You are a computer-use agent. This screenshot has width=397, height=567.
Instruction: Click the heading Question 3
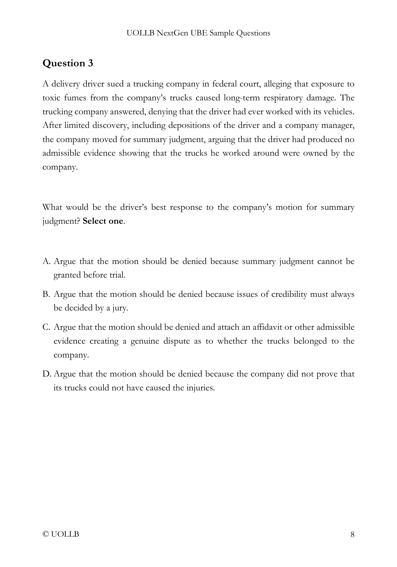coord(68,63)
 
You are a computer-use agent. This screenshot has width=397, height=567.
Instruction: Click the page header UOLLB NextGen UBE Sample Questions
coord(198,33)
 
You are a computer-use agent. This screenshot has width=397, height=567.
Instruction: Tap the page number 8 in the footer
coord(352,534)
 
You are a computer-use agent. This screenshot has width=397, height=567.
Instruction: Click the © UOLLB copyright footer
coord(61,534)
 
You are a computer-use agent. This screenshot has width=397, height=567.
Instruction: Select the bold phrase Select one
coord(103,221)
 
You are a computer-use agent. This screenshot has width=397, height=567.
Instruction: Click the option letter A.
coord(46,261)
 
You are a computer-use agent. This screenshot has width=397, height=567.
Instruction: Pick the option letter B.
coord(46,294)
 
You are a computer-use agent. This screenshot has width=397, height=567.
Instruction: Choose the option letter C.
coord(46,327)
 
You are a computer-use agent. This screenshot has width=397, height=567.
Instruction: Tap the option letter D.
coord(46,374)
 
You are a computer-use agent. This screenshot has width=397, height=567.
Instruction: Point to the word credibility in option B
coord(289,294)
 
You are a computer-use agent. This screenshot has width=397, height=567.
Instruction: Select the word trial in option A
coord(117,275)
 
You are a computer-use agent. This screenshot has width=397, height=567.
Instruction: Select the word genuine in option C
coord(145,341)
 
